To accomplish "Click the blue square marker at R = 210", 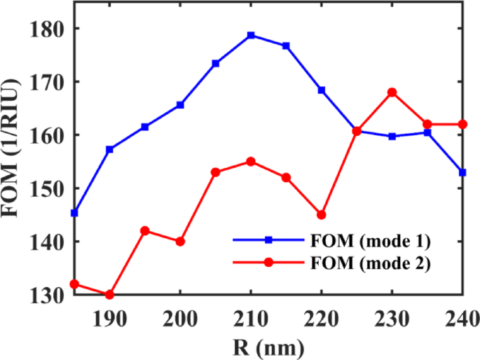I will click(251, 35).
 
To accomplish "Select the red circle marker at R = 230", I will click(392, 92).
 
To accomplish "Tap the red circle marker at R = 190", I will click(109, 295).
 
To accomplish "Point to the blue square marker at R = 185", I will click(74, 212).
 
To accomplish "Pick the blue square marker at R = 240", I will click(462, 172).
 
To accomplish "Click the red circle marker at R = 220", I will click(322, 214).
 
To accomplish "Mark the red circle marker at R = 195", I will click(145, 230).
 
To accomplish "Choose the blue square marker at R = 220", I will click(322, 90).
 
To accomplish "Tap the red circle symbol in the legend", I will click(268, 265).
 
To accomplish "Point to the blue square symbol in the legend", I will click(268, 240).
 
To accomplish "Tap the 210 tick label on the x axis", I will click(251, 317).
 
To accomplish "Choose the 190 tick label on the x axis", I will click(109, 317).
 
